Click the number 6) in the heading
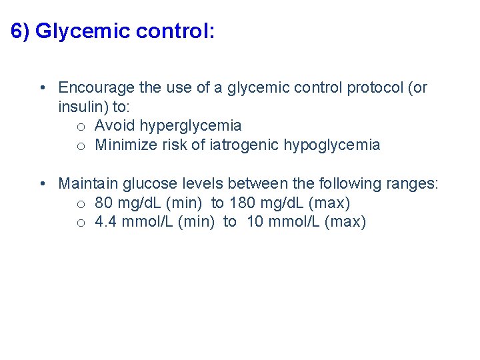pos(21,31)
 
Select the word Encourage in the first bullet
pos(96,87)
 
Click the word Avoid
pos(115,125)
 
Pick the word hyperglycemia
pos(191,125)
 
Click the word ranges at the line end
pos(413,183)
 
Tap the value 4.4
pos(105,222)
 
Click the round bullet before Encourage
pos(42,88)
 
